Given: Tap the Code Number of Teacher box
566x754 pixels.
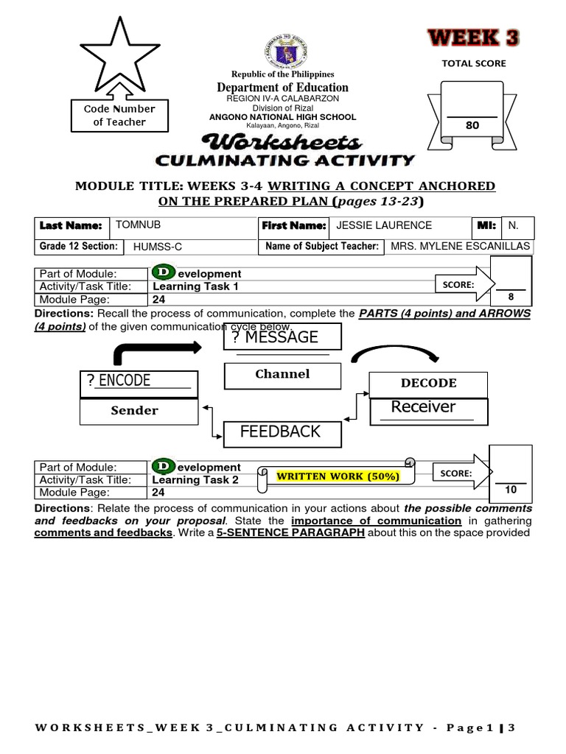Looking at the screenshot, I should [119, 116].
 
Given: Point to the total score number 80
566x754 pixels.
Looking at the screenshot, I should [472, 126].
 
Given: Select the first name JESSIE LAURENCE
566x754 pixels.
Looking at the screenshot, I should [384, 225].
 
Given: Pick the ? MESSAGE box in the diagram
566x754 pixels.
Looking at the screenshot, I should [282, 337].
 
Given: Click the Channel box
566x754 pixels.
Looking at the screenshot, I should [282, 374].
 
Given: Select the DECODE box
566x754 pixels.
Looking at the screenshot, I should [428, 383].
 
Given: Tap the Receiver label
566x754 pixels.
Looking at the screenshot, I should [423, 407].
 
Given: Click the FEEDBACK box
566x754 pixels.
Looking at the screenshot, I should [281, 431].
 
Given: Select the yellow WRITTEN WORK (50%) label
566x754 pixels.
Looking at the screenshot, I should [338, 476].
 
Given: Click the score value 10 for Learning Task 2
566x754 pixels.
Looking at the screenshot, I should [511, 490].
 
